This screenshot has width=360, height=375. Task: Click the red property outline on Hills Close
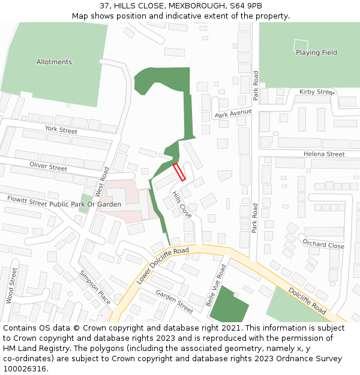[x=179, y=172]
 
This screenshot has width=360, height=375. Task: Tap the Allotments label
[x=54, y=62]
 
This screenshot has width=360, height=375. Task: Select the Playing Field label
[x=316, y=53]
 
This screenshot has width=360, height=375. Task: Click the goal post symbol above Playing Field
[x=301, y=44]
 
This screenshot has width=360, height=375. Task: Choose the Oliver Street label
[x=49, y=167]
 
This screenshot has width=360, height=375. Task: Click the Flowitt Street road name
[x=26, y=200]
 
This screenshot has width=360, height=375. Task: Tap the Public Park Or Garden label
[x=85, y=205]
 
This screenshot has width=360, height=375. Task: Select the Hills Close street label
[x=182, y=205]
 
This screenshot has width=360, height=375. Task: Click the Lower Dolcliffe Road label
[x=163, y=266]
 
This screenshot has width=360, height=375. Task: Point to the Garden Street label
[x=175, y=301]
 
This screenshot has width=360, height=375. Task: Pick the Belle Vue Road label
[x=216, y=285]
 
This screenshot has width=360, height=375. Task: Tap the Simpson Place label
[x=95, y=287]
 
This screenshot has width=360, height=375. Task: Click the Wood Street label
[x=10, y=285]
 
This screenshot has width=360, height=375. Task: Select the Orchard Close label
[x=323, y=245]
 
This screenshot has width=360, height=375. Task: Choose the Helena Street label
[x=324, y=154]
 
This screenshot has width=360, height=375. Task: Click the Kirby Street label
[x=317, y=92]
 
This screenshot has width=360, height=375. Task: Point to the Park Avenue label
[x=233, y=113]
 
